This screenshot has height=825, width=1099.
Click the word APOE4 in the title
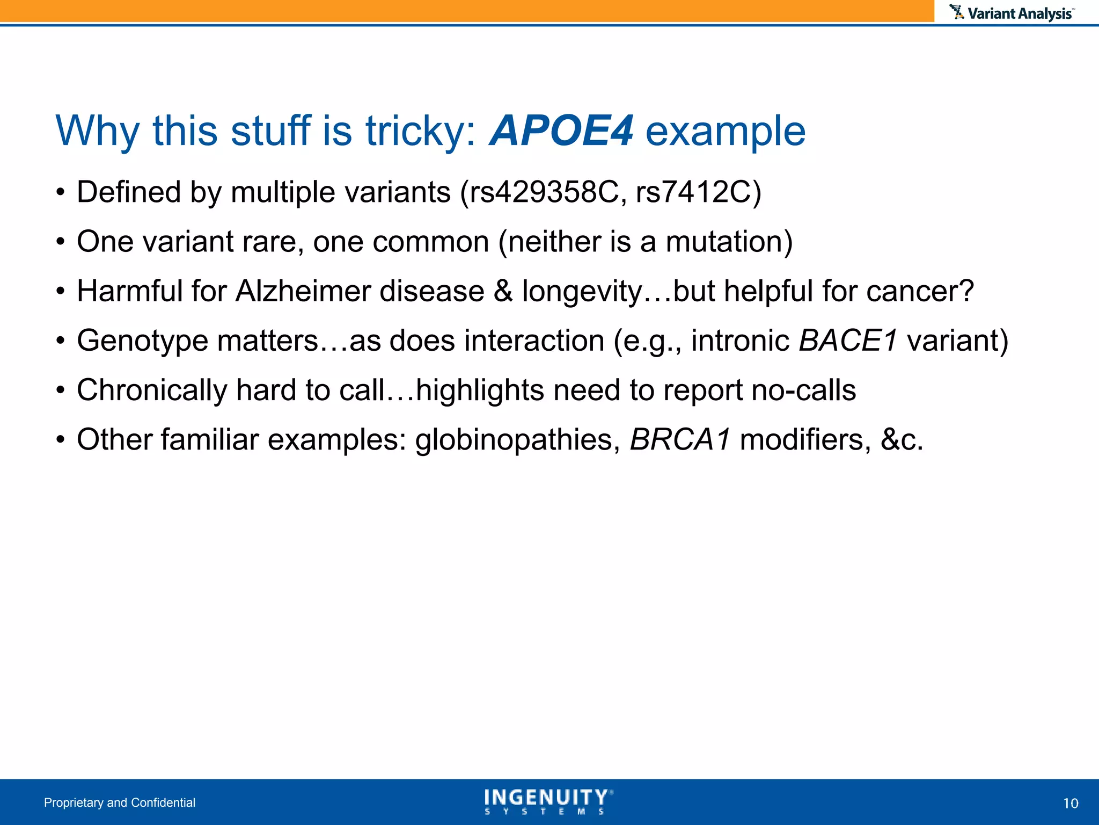tap(561, 132)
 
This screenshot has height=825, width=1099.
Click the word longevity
tap(581, 292)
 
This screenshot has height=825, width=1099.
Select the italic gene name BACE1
tap(848, 341)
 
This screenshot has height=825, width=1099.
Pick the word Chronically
tap(152, 390)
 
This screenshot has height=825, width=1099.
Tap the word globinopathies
tap(514, 440)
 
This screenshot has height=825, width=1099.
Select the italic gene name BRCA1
tap(680, 440)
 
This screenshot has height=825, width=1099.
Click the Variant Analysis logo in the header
tap(1012, 13)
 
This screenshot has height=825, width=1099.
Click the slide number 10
tap(1070, 804)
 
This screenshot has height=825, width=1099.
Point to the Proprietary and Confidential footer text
tap(120, 802)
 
